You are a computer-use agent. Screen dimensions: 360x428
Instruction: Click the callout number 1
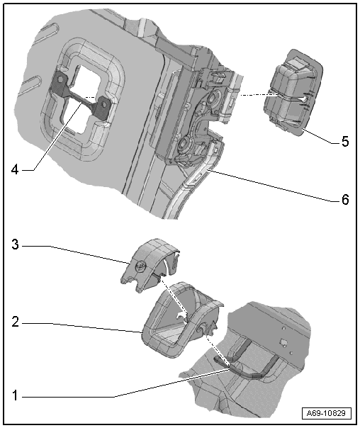coord(16,395)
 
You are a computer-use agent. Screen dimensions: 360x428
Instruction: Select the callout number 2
coord(16,322)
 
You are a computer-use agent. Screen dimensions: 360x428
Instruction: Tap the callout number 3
coord(16,244)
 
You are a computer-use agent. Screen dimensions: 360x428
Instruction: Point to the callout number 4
coord(15,170)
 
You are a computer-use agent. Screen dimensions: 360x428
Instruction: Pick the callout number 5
coord(345,142)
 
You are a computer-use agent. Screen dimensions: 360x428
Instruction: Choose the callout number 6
coord(345,200)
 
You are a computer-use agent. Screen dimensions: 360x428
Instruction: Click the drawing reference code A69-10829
coord(327,413)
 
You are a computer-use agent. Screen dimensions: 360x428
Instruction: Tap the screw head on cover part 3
coord(142,266)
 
